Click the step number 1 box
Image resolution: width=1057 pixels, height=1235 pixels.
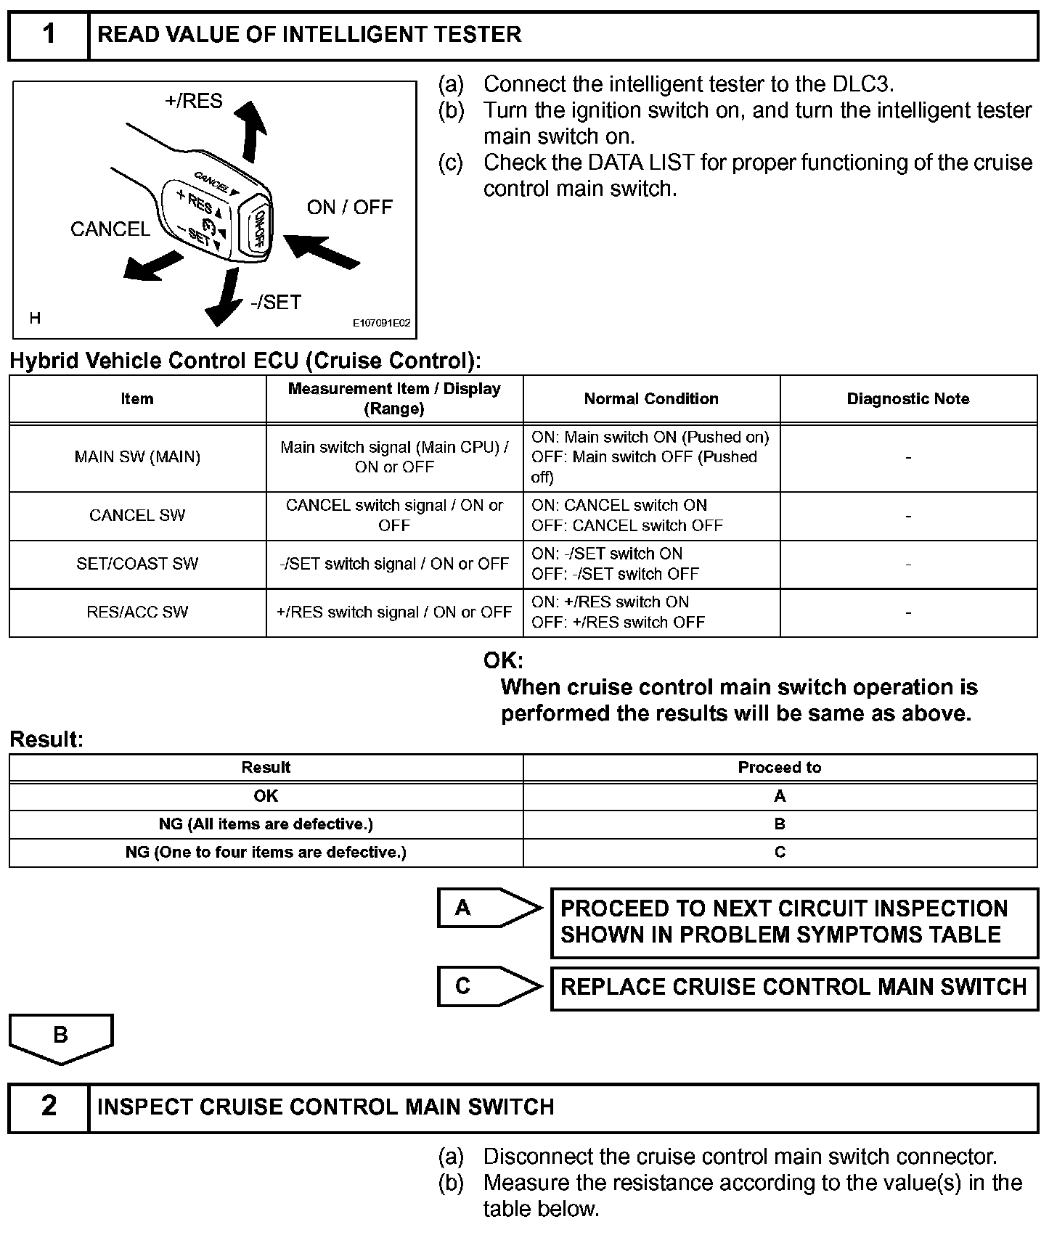point(49,35)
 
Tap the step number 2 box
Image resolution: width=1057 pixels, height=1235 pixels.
point(49,1107)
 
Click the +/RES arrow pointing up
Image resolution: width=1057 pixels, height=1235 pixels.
point(253,131)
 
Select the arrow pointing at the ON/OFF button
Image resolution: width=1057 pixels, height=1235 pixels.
point(320,251)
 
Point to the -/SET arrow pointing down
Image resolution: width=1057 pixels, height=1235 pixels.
point(224,298)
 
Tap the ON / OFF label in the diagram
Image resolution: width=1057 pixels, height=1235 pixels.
point(349,208)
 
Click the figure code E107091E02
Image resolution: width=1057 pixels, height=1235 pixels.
point(382,323)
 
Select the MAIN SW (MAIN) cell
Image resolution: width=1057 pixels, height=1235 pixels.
point(137,457)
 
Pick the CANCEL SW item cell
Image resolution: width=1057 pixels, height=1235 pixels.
point(137,515)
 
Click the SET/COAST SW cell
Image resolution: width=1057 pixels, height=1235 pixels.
point(137,564)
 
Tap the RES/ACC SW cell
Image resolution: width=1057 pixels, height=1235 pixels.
point(137,612)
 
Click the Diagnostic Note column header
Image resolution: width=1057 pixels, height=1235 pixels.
point(907,398)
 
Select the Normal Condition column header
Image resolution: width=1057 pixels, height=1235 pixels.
point(651,398)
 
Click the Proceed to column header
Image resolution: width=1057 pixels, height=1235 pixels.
point(779,768)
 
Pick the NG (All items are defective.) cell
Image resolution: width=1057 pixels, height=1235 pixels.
point(266,824)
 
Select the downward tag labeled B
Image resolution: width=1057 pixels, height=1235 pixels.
point(61,1037)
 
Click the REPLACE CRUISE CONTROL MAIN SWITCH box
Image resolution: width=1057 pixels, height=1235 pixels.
point(793,987)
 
